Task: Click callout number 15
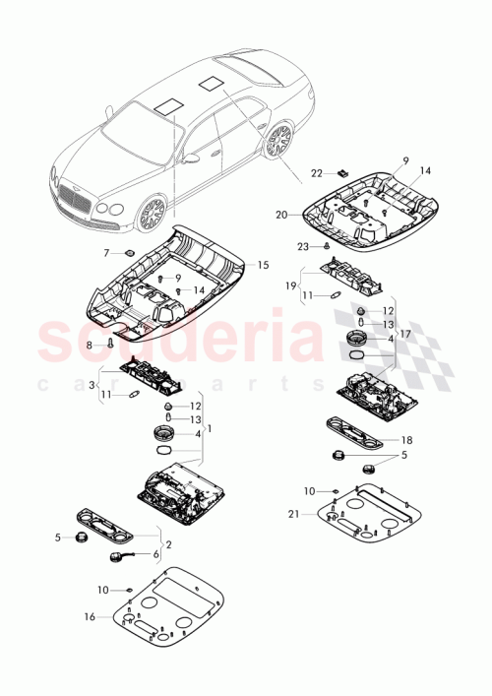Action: (x=263, y=265)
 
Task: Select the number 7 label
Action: (x=107, y=253)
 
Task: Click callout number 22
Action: (x=316, y=172)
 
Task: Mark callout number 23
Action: (x=304, y=246)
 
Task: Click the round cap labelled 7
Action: (x=129, y=253)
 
